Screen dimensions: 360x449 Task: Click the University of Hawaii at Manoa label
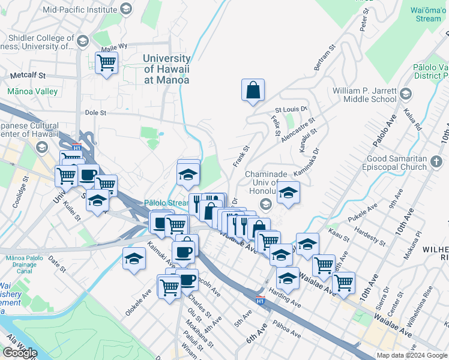point(167,69)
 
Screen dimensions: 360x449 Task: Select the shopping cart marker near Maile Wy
point(107,63)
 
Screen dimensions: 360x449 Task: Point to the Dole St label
point(95,112)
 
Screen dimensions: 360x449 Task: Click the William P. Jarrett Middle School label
point(365,94)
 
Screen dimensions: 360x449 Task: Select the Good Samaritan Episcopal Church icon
point(436,160)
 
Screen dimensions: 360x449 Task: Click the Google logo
point(20,352)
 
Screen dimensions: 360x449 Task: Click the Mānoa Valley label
point(32,92)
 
